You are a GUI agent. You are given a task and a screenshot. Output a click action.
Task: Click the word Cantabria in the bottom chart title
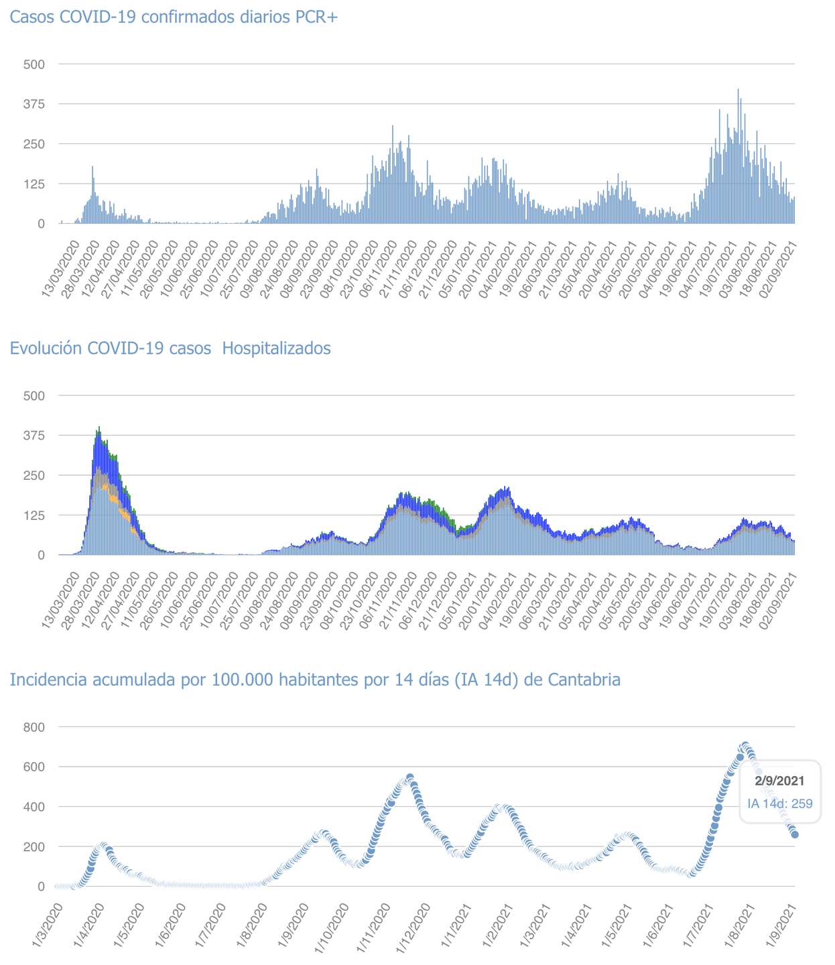pyautogui.click(x=584, y=680)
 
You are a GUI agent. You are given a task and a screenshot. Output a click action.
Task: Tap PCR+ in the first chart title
pyautogui.click(x=317, y=17)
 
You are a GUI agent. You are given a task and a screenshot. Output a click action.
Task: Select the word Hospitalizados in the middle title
pyautogui.click(x=276, y=348)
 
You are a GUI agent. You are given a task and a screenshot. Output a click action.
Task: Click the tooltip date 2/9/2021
pyautogui.click(x=779, y=781)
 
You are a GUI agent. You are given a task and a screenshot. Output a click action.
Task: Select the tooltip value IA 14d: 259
pyautogui.click(x=780, y=803)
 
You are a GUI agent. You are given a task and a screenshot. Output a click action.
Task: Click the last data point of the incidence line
pyautogui.click(x=795, y=834)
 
